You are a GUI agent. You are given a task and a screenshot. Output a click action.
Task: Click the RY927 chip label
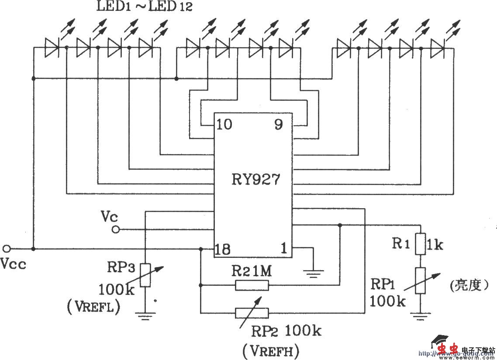coord(255,179)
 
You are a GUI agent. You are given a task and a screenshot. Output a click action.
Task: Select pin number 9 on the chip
coord(278,125)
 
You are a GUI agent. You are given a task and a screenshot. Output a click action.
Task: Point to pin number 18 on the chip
coord(222,249)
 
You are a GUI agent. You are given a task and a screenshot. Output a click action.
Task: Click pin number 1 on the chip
coord(283,249)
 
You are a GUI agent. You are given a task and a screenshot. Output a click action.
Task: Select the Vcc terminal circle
coord(6,249)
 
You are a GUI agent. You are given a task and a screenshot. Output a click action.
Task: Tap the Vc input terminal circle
coord(116,229)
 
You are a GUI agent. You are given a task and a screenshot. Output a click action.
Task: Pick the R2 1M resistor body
coord(252,285)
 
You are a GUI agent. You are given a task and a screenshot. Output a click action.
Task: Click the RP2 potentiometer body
coord(252,312)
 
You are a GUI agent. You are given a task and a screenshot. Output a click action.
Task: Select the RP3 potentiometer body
coord(145,275)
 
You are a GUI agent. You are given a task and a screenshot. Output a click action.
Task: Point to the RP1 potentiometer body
coord(420,281)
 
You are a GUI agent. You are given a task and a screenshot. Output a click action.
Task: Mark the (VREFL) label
coord(94,308)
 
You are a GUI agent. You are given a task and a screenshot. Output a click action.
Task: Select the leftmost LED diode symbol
coord(52,47)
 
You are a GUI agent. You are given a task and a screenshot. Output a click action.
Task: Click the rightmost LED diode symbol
coord(437,47)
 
